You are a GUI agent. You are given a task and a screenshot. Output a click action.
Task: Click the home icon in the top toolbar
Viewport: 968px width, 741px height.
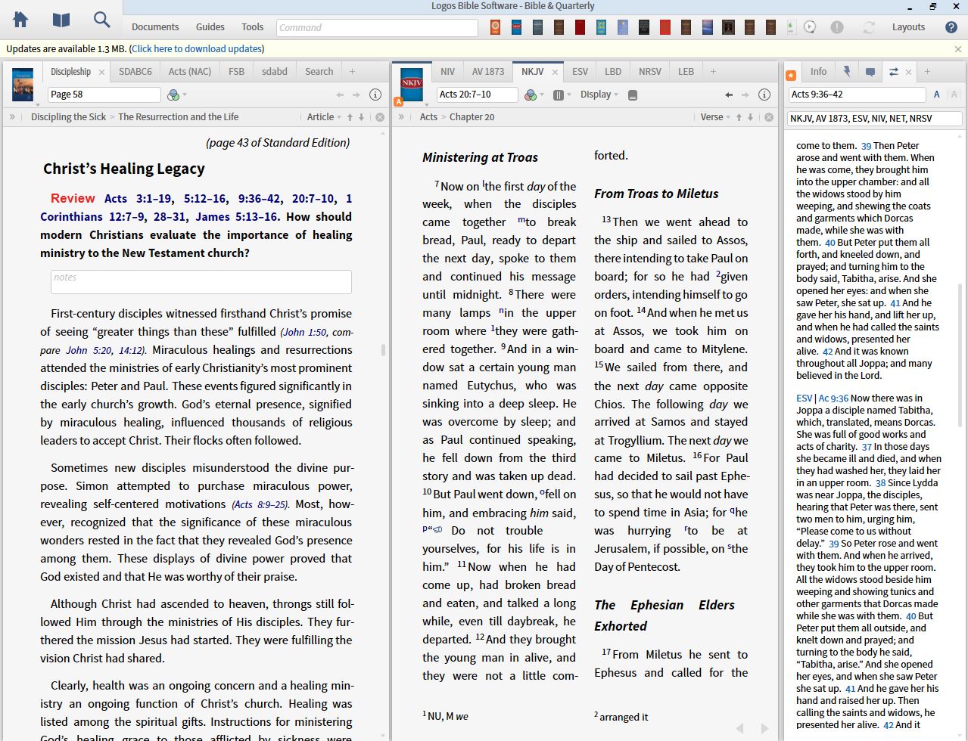pos(20,20)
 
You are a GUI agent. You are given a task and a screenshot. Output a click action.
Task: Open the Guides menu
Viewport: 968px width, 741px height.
pos(210,27)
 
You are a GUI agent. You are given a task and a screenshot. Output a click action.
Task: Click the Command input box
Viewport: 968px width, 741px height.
pos(376,27)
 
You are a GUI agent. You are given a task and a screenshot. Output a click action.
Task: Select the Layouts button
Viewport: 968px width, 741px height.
pos(908,27)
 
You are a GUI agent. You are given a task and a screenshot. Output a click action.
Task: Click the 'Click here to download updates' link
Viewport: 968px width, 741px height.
pos(197,49)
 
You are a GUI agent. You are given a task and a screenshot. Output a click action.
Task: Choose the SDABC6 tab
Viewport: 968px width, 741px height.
pos(135,72)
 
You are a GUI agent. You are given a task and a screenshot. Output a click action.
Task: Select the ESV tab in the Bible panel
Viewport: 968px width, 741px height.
pos(580,72)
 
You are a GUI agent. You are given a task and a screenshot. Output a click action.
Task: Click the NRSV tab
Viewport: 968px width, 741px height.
pos(649,72)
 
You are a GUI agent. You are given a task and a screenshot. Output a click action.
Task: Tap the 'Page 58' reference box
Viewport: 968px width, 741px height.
pos(104,95)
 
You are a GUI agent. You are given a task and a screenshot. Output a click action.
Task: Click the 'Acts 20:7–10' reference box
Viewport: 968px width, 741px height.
pos(477,95)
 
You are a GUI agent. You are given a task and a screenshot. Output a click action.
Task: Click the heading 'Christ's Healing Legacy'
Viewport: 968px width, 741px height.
pos(124,169)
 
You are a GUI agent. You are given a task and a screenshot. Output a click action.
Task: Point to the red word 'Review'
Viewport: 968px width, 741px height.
pos(73,198)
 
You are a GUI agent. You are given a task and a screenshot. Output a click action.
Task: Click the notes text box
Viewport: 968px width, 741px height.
pos(201,282)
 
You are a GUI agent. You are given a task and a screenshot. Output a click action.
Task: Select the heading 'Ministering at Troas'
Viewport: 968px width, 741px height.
pos(480,157)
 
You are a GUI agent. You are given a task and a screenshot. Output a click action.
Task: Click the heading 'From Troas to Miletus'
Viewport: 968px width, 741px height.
pos(656,194)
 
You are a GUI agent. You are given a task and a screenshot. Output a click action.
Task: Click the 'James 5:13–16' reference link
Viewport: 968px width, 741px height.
pos(238,217)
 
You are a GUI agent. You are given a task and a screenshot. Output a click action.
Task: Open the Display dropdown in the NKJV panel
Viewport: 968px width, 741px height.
pos(599,95)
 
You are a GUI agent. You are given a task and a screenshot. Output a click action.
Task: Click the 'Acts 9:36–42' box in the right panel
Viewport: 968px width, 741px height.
pos(856,95)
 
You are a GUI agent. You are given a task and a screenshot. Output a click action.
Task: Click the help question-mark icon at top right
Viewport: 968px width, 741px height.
pos(951,27)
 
